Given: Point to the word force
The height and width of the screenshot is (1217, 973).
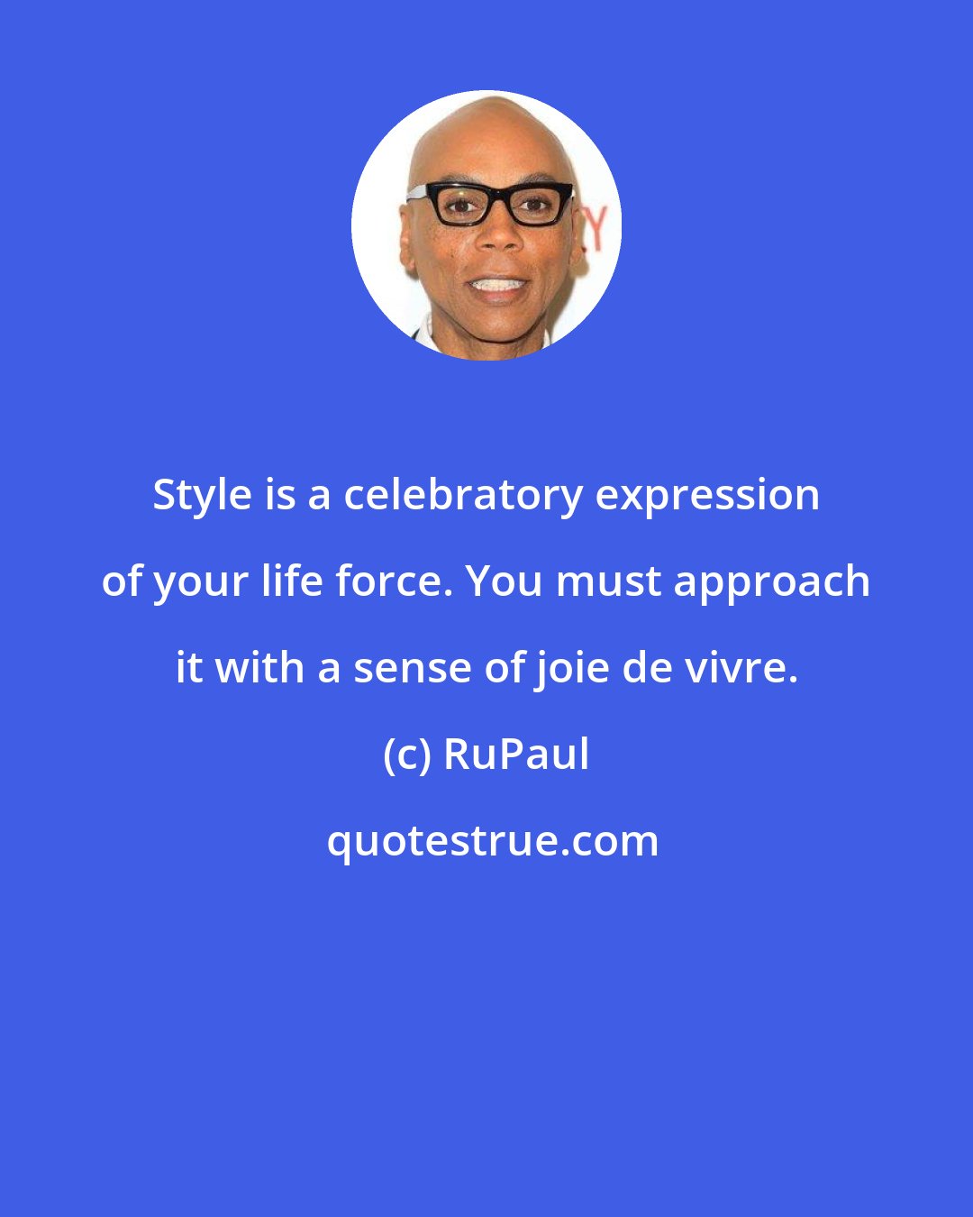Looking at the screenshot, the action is (396, 581).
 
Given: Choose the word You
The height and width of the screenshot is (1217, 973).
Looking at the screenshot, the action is (505, 582).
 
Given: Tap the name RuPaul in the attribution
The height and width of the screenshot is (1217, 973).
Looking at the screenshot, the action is (517, 756).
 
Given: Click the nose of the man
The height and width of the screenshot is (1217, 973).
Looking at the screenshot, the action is (497, 236).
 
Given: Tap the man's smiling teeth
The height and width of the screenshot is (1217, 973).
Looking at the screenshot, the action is (496, 285).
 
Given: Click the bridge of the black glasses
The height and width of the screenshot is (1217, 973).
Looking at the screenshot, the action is (496, 195).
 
